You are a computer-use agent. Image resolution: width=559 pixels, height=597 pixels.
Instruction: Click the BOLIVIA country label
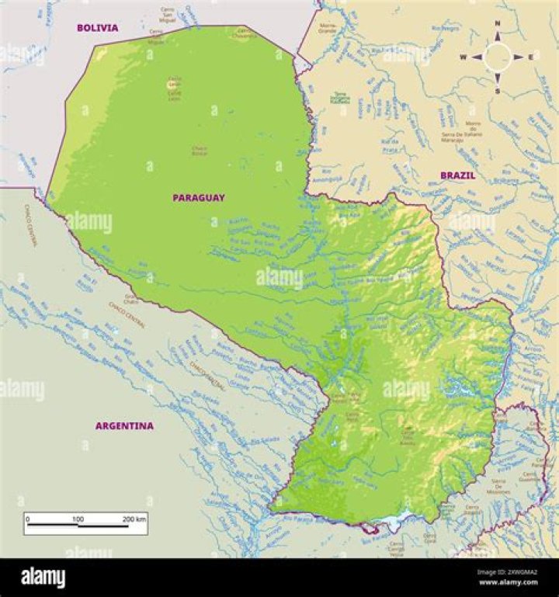pos(97,28)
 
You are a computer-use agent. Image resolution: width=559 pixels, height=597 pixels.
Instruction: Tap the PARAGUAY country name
pos(199,198)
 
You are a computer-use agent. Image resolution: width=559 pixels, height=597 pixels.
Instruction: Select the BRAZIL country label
pos(458,175)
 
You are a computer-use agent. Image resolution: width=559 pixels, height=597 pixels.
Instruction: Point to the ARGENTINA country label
pos(124,425)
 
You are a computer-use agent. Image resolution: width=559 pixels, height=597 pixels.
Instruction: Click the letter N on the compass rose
pos(498,24)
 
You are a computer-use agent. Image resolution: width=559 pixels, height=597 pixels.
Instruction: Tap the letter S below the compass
pos(498,91)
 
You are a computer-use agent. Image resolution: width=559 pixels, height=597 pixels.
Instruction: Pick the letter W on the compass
pos(463,57)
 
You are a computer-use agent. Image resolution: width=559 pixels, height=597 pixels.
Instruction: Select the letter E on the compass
pos(531,57)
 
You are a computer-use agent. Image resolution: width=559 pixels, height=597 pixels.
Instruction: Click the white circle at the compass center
pos(497,57)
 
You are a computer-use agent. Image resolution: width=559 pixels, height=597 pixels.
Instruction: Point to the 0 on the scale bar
pos(27,518)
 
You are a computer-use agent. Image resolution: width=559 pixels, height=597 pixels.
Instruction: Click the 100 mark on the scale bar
pos(78,518)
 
